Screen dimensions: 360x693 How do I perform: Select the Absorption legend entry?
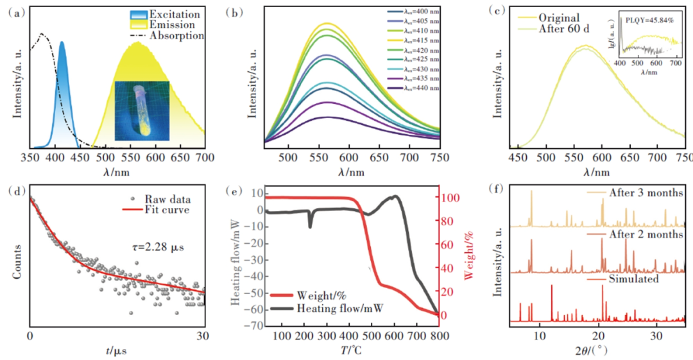pos(176,36)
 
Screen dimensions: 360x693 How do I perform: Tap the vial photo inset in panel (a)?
pos(142,111)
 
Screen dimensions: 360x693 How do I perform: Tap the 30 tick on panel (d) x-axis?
pos(205,335)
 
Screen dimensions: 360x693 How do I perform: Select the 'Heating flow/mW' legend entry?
pos(340,309)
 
